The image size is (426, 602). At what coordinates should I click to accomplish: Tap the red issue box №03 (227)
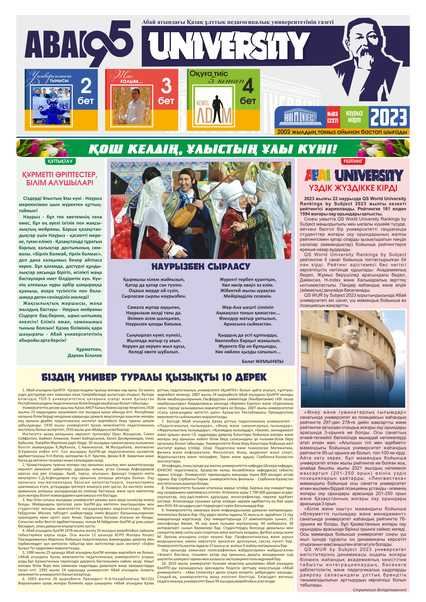pos(333,117)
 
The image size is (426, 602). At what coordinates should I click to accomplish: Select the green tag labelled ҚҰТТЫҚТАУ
pos(60,161)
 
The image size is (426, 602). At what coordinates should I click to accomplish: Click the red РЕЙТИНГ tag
pos(353,161)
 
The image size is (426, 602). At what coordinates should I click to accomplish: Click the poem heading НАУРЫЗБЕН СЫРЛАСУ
pos(201,267)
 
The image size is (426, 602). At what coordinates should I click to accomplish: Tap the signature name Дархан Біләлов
pos(84,356)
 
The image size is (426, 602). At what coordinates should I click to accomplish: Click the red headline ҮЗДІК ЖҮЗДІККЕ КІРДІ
pos(353,188)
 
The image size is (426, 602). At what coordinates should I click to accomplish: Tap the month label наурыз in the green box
pos(354,114)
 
